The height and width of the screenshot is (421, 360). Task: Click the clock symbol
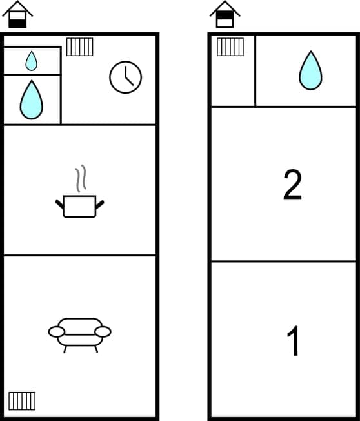coord(125,77)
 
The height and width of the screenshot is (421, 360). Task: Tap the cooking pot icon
coord(79,206)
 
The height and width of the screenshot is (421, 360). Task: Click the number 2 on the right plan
coord(292,185)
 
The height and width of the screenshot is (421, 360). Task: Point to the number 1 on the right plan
coord(293,342)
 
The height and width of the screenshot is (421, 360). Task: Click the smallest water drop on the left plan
coord(31,61)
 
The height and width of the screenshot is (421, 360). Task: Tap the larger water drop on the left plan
coord(31,100)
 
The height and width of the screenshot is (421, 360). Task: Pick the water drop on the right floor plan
coord(310,70)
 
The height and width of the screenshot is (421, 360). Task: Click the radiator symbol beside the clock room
coord(79,46)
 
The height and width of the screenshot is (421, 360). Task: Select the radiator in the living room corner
coord(22,400)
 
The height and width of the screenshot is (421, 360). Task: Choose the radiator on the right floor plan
coord(230,46)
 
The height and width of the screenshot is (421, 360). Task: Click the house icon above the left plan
coord(18,15)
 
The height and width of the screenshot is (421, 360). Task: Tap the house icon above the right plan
coord(225,15)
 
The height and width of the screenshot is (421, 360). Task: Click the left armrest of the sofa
coord(57,332)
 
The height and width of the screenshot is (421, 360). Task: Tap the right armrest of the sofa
coord(103,332)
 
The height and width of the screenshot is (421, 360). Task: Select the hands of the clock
coord(127,78)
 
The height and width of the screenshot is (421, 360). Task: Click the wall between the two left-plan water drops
coord(32,75)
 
